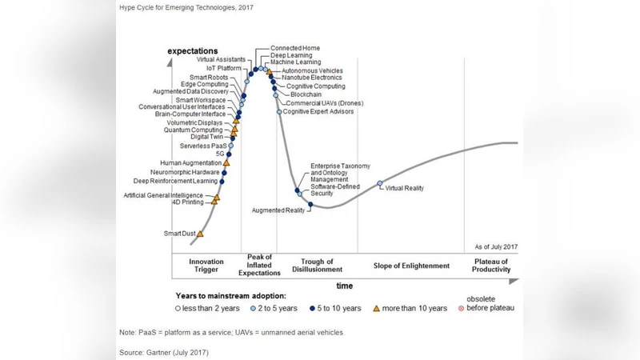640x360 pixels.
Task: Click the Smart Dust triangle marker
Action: click(x=200, y=234)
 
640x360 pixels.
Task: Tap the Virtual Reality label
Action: click(x=405, y=188)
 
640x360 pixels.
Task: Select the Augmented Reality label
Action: click(x=278, y=210)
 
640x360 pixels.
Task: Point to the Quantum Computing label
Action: click(x=194, y=130)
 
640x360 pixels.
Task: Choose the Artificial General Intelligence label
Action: click(x=163, y=195)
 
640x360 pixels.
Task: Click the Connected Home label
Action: click(x=294, y=48)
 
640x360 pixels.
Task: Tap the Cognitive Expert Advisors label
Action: click(x=318, y=112)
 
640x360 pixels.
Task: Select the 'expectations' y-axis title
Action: click(x=192, y=51)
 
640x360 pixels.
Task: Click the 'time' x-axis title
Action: click(x=344, y=286)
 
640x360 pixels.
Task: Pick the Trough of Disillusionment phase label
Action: click(x=322, y=266)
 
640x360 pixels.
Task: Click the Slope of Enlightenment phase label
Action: click(x=411, y=266)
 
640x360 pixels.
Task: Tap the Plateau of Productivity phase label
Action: click(x=491, y=266)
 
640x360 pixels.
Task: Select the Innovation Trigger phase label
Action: click(x=206, y=266)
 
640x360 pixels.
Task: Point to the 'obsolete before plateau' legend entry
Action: click(x=490, y=304)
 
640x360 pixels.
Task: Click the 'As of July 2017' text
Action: click(x=496, y=247)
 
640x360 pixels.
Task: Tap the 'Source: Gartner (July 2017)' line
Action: click(x=164, y=352)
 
